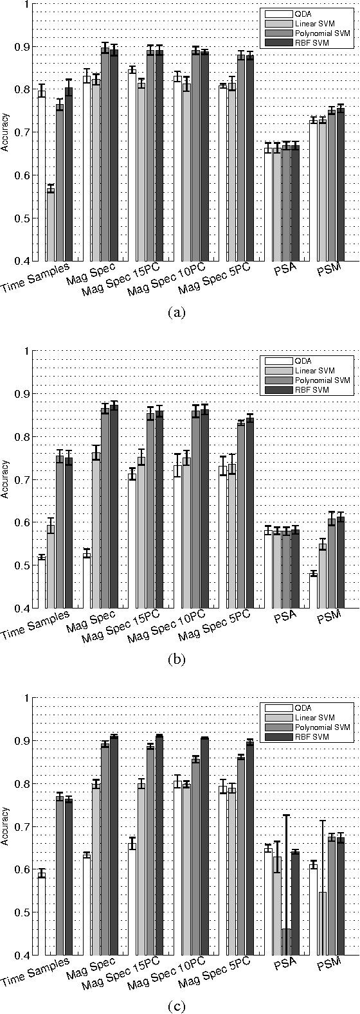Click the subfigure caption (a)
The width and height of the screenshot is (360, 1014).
click(x=176, y=313)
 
